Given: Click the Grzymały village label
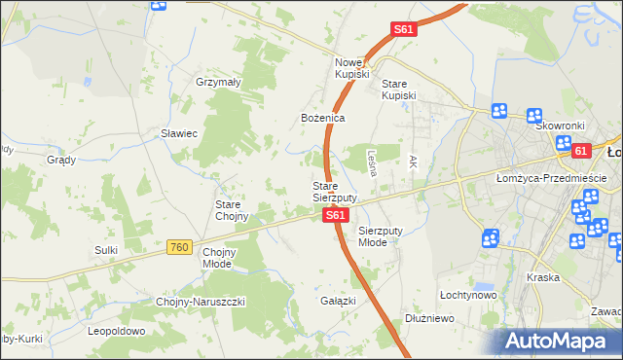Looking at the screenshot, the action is pyautogui.click(x=218, y=83).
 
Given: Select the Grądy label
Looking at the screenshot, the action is pyautogui.click(x=61, y=159).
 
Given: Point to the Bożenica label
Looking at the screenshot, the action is pyautogui.click(x=322, y=118).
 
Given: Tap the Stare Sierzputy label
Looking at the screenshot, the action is pyautogui.click(x=334, y=192).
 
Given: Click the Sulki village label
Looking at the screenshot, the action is pyautogui.click(x=106, y=250).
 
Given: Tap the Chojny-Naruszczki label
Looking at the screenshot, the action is pyautogui.click(x=201, y=302).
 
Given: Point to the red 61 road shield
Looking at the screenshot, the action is pyautogui.click(x=581, y=151).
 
